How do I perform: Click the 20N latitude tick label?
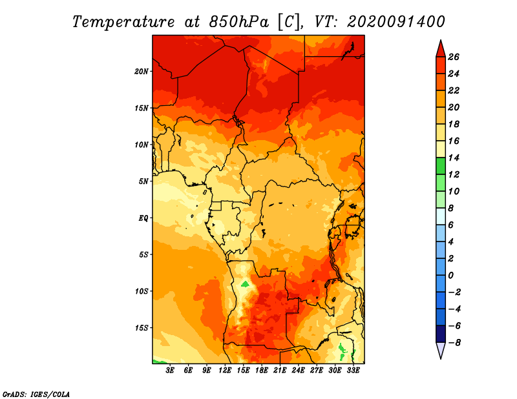(x=142, y=72)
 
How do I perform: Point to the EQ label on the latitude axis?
(x=143, y=218)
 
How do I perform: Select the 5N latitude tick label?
(x=143, y=181)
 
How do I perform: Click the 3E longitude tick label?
(x=170, y=371)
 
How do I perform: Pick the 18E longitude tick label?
(x=262, y=371)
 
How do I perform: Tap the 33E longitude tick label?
(x=353, y=371)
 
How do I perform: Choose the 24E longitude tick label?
(x=298, y=371)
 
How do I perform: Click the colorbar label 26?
(x=454, y=57)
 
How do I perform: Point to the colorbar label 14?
(x=454, y=158)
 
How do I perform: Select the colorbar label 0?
(x=450, y=275)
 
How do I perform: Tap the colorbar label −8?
(x=454, y=343)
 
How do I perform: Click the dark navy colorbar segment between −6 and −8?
(x=441, y=334)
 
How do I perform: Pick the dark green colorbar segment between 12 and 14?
(x=441, y=166)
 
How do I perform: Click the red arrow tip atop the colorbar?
(x=441, y=41)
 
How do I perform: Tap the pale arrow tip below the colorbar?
(x=441, y=358)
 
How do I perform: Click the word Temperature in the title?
(x=123, y=22)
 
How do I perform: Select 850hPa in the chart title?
(x=239, y=22)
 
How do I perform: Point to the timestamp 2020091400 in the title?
(x=396, y=22)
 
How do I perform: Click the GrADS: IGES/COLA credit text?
(x=36, y=394)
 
